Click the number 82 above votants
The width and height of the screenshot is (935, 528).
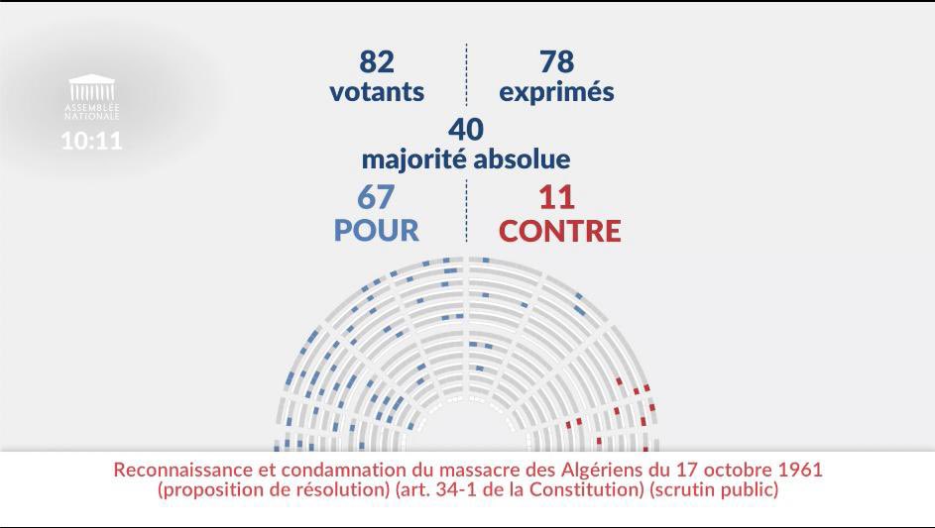pos(376,62)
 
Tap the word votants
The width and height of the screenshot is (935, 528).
pos(377,92)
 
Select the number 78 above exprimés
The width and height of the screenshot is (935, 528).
pos(556,62)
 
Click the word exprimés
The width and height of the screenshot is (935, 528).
pos(556,93)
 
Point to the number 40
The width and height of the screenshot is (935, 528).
pos(465,130)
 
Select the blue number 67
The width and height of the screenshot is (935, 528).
pos(376,196)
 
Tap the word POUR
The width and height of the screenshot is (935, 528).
pos(376,230)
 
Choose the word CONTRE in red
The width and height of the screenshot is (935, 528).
pos(559,231)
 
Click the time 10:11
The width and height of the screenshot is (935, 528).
pos(91,141)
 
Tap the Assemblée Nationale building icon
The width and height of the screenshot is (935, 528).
pos(91,87)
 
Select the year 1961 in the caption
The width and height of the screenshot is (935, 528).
pos(798,468)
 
